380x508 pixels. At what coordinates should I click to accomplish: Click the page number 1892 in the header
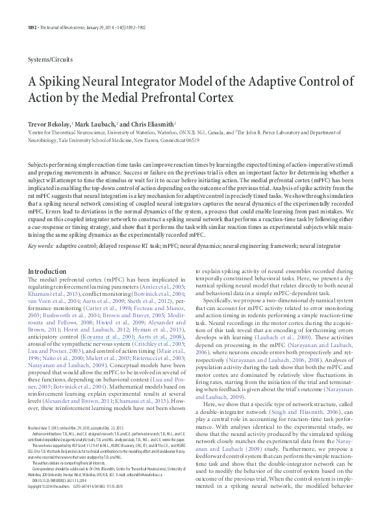[x=33, y=9]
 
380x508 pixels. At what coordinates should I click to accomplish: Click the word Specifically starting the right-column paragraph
[x=222, y=302]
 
